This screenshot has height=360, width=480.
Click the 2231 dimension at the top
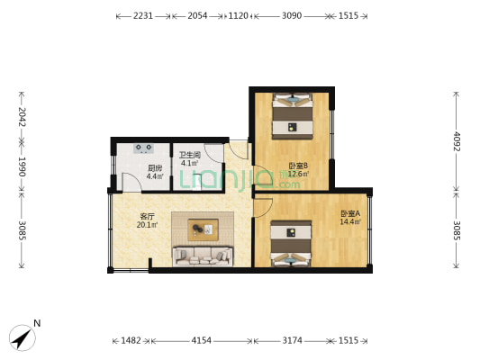(143, 15)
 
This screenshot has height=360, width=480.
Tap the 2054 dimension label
(197, 15)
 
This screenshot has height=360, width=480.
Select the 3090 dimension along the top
(292, 15)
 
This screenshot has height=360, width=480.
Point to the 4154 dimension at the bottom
(201, 340)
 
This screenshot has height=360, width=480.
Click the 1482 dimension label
(131, 340)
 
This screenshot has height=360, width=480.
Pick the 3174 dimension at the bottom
(293, 340)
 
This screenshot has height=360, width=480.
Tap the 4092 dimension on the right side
(457, 141)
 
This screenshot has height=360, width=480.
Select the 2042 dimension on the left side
(22, 117)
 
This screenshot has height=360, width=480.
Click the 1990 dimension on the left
(22, 166)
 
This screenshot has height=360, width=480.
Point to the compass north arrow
(22, 338)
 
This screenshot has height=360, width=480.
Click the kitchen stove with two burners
(143, 148)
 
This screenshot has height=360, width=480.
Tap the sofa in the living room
(203, 256)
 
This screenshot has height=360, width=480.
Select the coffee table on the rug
(203, 229)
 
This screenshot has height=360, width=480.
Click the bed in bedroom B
(293, 116)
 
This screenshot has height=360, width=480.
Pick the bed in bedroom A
(291, 244)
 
